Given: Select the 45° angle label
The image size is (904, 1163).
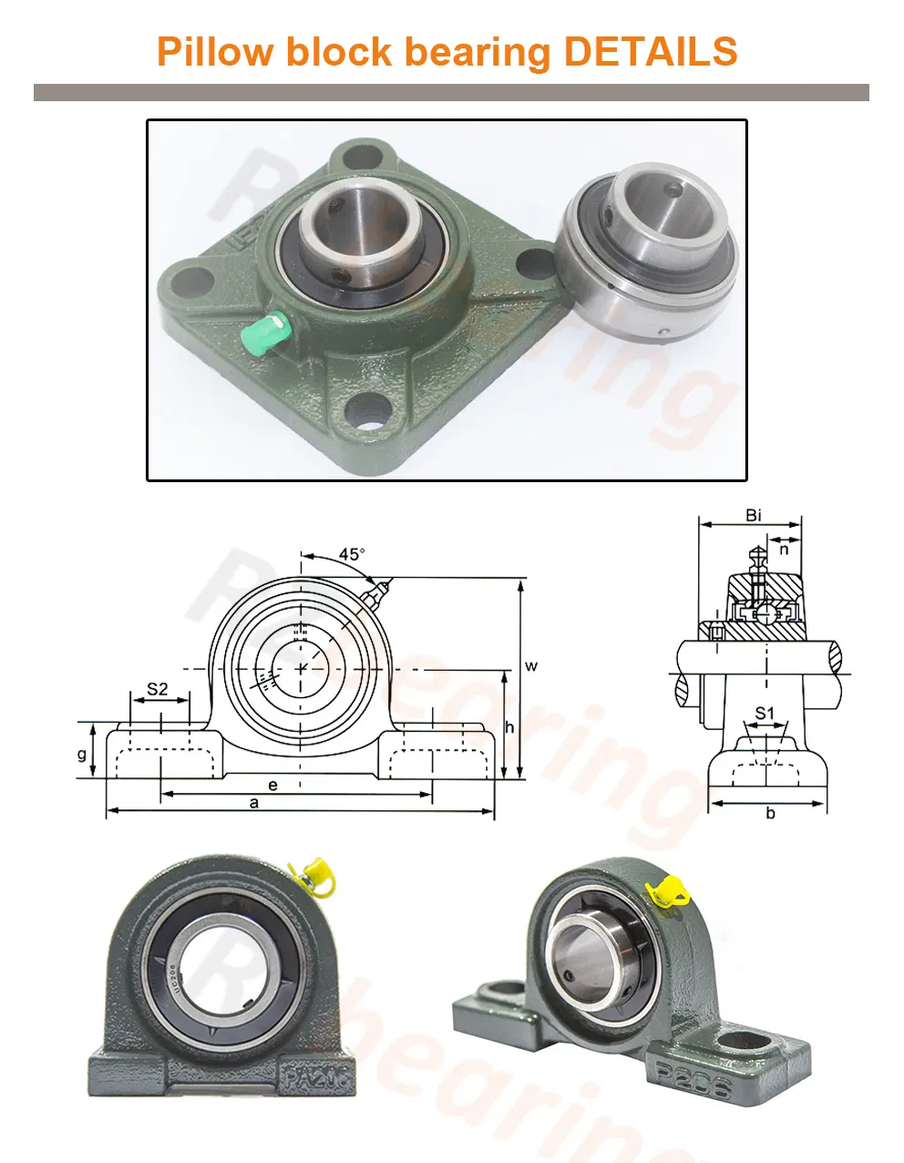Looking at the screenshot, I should (352, 554).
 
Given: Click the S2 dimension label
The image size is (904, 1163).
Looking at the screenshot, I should (158, 690).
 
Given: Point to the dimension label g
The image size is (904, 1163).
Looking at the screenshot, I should (82, 754).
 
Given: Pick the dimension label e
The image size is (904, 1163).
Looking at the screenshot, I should (272, 784).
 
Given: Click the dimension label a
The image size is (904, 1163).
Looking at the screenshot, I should (254, 803).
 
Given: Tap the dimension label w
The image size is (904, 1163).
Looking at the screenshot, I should (531, 665).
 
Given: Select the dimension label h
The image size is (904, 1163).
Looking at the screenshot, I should (510, 726).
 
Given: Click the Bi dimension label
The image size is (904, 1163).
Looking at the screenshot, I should (753, 516).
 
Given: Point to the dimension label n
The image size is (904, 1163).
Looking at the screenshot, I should (784, 549).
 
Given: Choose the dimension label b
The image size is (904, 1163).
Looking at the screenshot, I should (770, 813).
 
